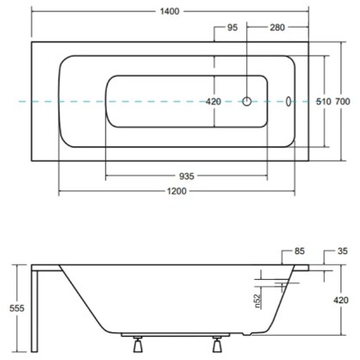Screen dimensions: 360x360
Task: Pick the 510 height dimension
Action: pyautogui.click(x=324, y=102)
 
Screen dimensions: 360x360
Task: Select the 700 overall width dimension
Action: pyautogui.click(x=343, y=102)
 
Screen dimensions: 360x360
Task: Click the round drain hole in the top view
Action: pyautogui.click(x=247, y=102)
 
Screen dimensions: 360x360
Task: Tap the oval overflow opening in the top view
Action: pyautogui.click(x=289, y=102)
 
